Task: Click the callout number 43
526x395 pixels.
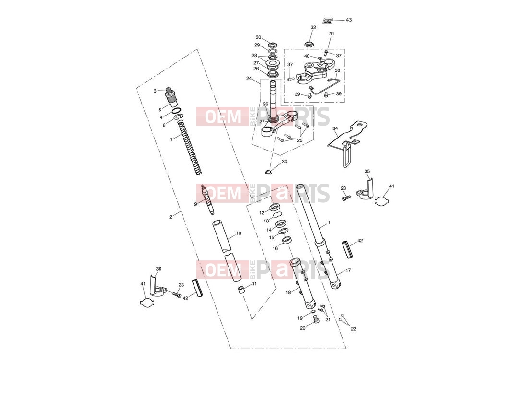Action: pyautogui.click(x=349, y=20)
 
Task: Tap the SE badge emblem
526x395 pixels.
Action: pyautogui.click(x=327, y=21)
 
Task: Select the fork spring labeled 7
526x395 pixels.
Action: pyautogui.click(x=190, y=147)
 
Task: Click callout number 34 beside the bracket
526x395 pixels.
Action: pyautogui.click(x=335, y=128)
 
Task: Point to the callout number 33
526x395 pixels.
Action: pyautogui.click(x=284, y=162)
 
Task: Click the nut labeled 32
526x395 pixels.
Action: pyautogui.click(x=308, y=44)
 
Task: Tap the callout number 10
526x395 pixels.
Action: pyautogui.click(x=239, y=233)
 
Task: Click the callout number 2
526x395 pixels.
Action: pyautogui.click(x=171, y=217)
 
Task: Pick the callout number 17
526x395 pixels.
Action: pyautogui.click(x=348, y=270)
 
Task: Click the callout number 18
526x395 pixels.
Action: pyautogui.click(x=288, y=292)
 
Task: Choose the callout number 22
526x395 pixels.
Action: pyautogui.click(x=354, y=329)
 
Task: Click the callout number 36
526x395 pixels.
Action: pyautogui.click(x=159, y=269)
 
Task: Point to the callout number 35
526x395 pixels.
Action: pyautogui.click(x=367, y=171)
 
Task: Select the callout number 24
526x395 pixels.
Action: pyautogui.click(x=249, y=79)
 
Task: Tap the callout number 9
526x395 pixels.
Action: pyautogui.click(x=195, y=204)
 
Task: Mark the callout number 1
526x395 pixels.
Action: pyautogui.click(x=329, y=222)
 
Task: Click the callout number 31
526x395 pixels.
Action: pyautogui.click(x=332, y=34)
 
